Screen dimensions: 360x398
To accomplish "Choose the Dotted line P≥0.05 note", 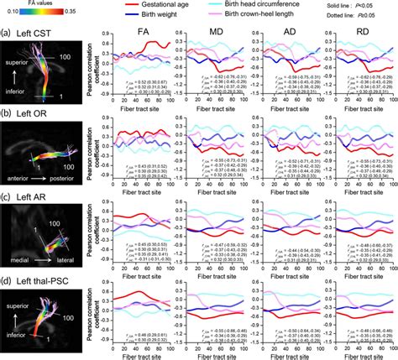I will (x=367, y=18).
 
